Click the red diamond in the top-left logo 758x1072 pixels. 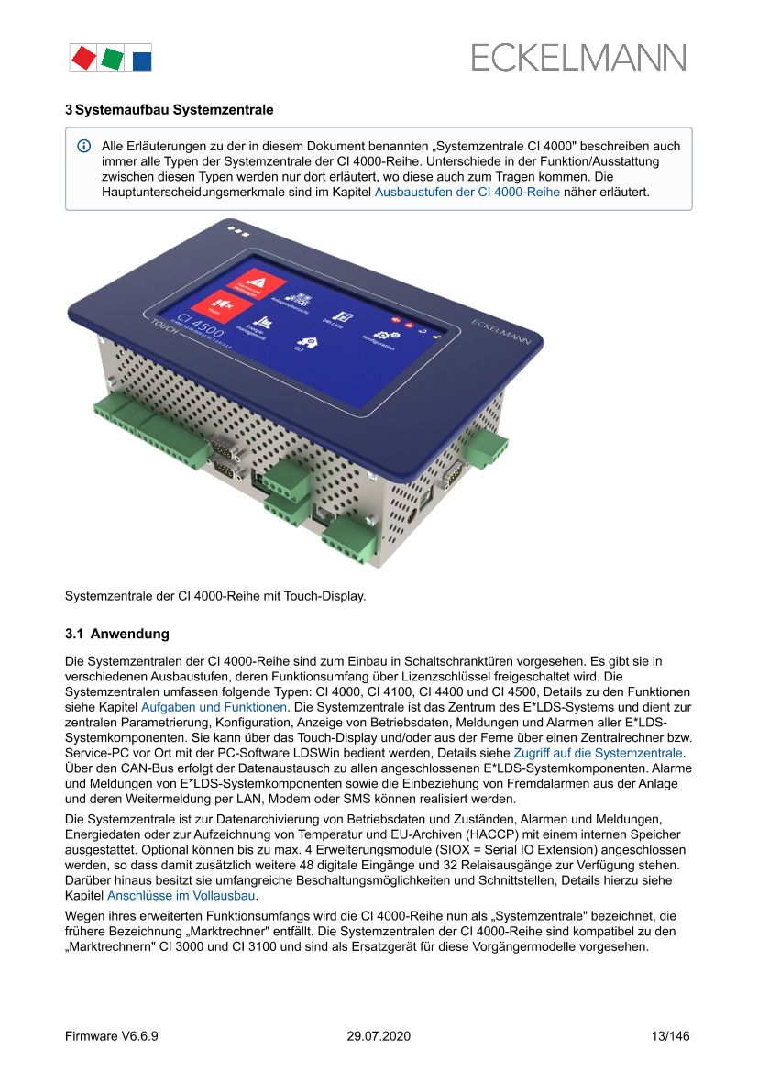[x=83, y=59]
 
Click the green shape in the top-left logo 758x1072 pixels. [x=112, y=59]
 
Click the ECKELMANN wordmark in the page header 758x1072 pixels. [x=578, y=58]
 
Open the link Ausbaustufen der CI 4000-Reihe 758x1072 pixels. [x=467, y=193]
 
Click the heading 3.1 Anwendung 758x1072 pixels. [x=117, y=634]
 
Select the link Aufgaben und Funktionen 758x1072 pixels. [x=214, y=707]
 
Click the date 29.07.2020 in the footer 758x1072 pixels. [x=379, y=1035]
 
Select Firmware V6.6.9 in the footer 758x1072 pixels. [x=112, y=1035]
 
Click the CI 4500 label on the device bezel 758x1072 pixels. [x=196, y=324]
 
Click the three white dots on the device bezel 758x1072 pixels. [x=237, y=230]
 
